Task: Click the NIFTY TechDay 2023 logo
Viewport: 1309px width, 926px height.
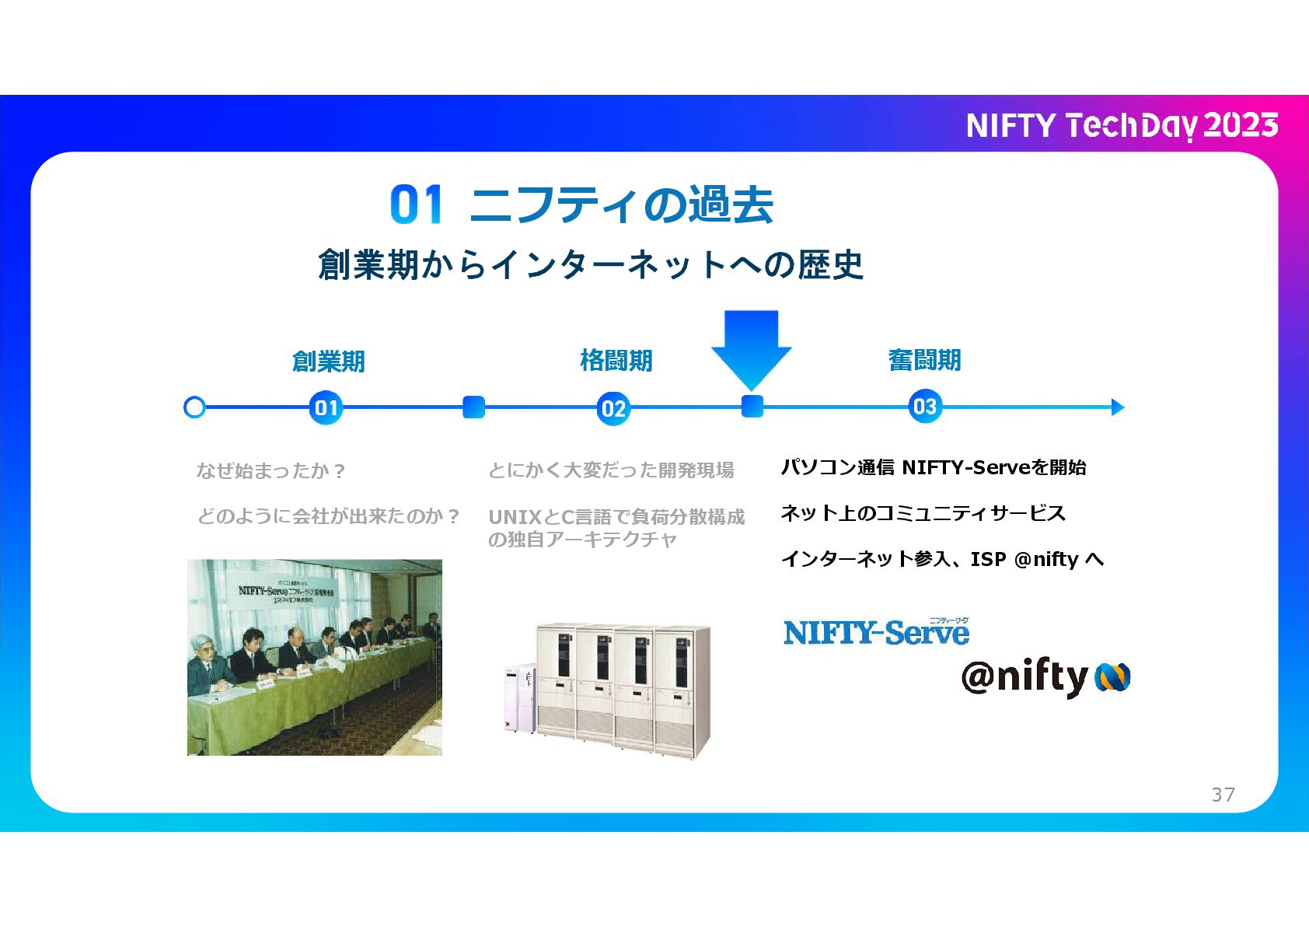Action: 1122,125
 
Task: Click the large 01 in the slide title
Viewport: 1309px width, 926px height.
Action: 416,204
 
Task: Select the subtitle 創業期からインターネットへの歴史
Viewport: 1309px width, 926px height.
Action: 591,264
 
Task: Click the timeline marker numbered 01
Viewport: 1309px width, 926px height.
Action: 326,407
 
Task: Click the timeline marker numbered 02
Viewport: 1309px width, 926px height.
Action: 613,408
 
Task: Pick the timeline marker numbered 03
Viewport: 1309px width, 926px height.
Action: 924,406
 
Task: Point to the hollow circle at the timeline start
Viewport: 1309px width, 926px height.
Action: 194,407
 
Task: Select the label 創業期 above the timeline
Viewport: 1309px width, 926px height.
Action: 328,362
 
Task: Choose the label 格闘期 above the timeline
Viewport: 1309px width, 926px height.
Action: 616,361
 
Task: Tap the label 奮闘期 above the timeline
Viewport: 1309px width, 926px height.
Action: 924,360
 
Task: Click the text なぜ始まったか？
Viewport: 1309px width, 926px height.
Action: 271,470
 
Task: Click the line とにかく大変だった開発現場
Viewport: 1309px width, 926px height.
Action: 610,470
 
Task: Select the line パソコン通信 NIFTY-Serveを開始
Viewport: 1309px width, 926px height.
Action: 933,467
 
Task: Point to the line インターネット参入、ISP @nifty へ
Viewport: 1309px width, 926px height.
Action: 941,559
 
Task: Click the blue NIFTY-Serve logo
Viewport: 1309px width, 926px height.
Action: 876,632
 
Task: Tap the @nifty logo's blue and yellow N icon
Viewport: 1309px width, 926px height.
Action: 1112,677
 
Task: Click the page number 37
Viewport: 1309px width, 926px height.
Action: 1223,794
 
